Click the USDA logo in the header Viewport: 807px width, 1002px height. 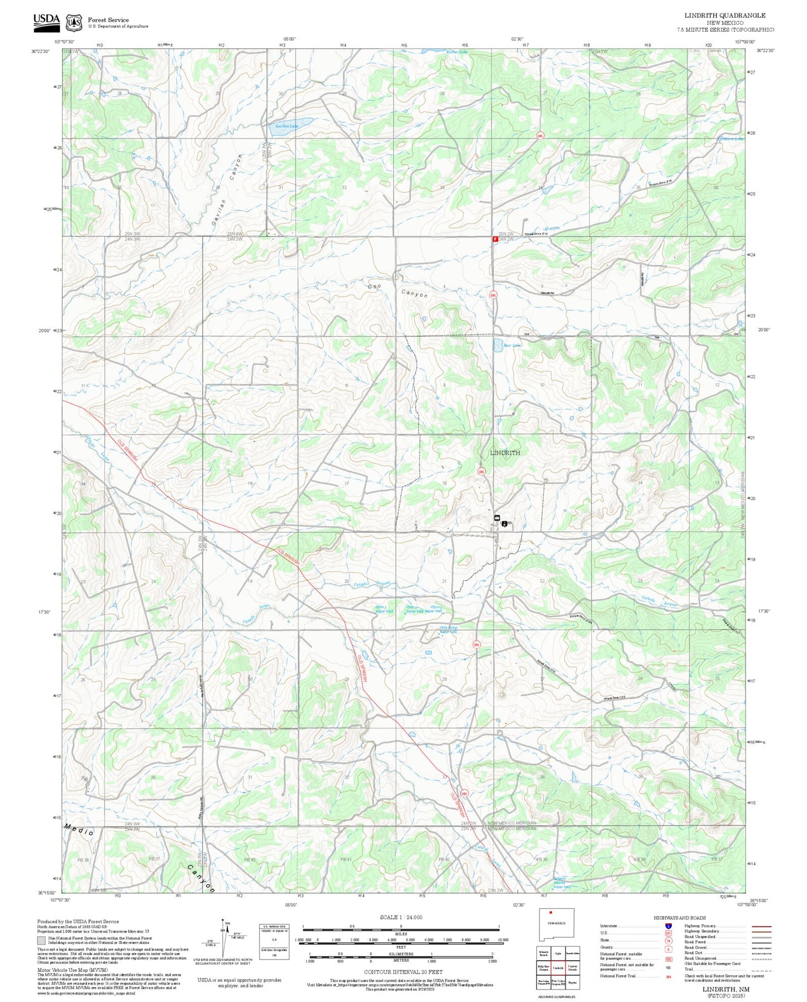click(x=46, y=21)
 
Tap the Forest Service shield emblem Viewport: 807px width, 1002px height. click(x=73, y=22)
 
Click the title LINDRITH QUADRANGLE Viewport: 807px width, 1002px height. click(x=725, y=16)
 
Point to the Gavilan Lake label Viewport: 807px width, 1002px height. click(x=286, y=126)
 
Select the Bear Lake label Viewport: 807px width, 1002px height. click(x=512, y=346)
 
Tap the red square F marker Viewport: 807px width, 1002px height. click(x=495, y=239)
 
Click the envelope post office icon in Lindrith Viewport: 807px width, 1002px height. click(x=496, y=518)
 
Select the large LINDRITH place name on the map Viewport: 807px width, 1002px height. click(x=505, y=453)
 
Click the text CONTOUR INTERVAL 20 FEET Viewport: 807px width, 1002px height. click(x=403, y=972)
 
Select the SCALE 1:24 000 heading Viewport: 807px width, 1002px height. click(x=401, y=917)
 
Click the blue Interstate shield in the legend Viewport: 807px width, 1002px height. click(x=668, y=926)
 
